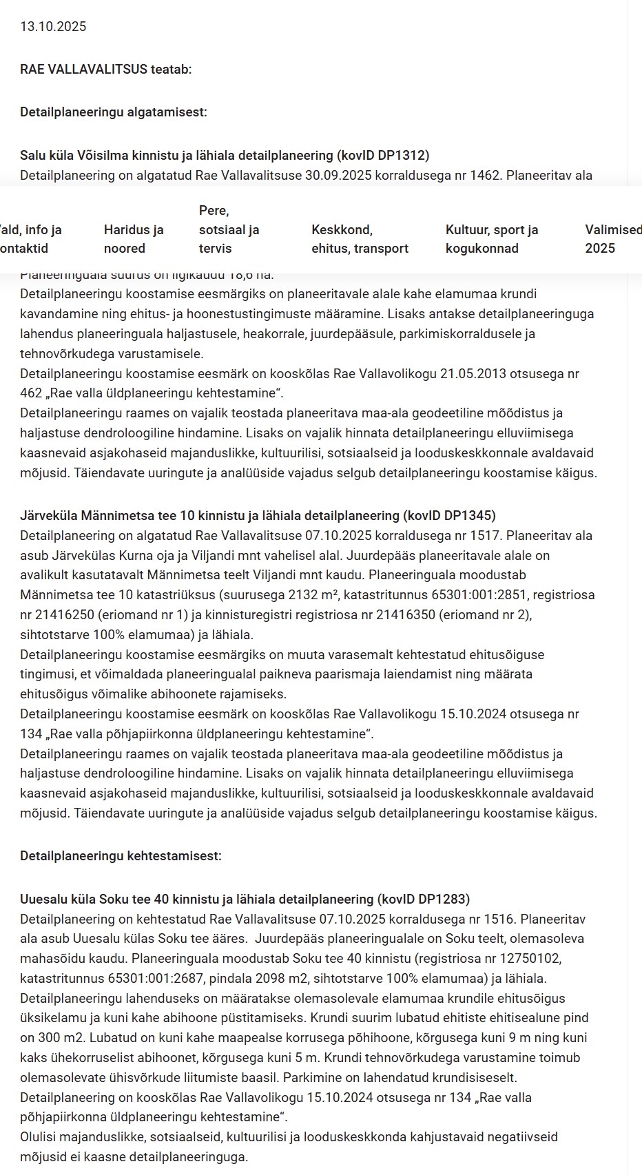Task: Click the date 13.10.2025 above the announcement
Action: (53, 27)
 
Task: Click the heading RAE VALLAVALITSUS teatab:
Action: (106, 69)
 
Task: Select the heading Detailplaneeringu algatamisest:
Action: (114, 112)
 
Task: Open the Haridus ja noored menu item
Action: (134, 239)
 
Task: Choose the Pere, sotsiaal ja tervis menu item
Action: (229, 229)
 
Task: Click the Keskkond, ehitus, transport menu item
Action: (360, 239)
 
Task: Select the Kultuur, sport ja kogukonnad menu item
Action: (492, 239)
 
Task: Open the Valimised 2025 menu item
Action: (612, 239)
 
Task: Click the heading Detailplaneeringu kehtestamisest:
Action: (121, 856)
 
